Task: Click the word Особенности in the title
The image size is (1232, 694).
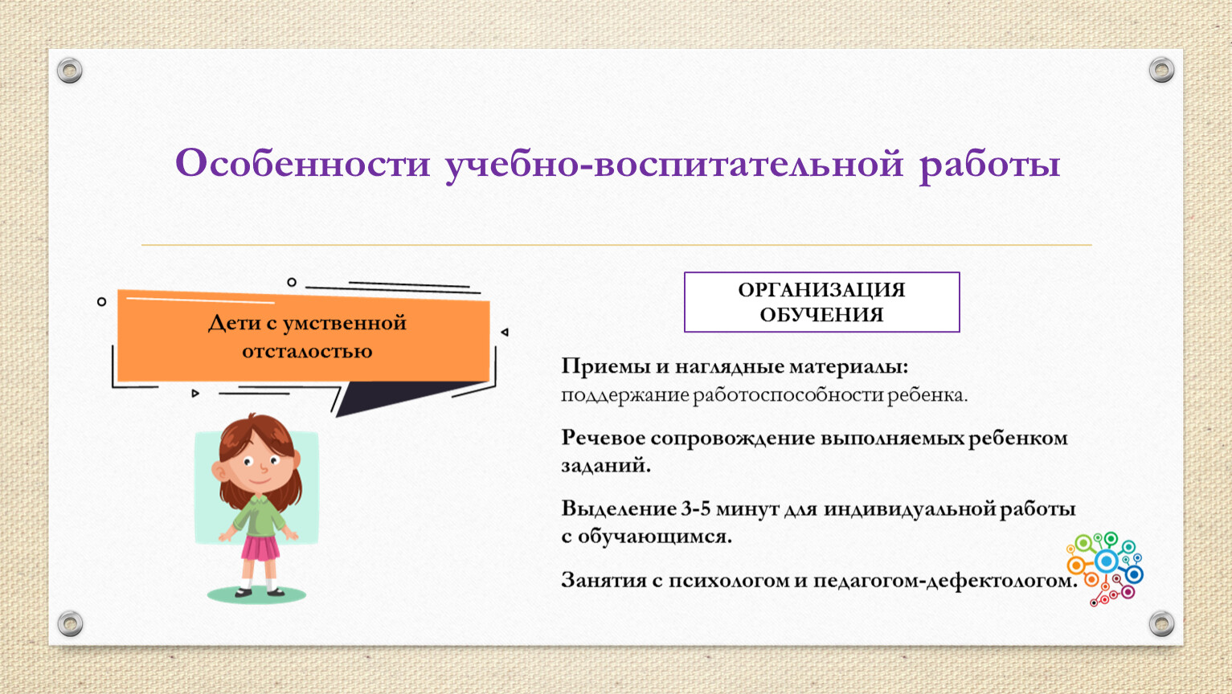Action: [302, 163]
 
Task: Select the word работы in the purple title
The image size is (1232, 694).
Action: [989, 165]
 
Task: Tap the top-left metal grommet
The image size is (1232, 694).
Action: [70, 71]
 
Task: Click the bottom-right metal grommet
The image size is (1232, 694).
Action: [1161, 623]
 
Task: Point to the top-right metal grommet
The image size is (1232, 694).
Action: [1161, 70]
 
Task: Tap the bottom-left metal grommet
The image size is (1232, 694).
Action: [71, 623]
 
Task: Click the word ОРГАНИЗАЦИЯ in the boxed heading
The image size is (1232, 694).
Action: [821, 290]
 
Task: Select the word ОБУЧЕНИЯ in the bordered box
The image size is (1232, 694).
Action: [821, 315]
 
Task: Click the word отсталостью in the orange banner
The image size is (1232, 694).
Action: [307, 351]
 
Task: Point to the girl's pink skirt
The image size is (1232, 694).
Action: [260, 548]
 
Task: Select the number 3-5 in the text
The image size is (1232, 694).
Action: [695, 508]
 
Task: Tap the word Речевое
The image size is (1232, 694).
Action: [602, 439]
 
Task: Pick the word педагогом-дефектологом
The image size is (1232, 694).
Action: [945, 581]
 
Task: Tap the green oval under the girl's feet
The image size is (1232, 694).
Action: [256, 594]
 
